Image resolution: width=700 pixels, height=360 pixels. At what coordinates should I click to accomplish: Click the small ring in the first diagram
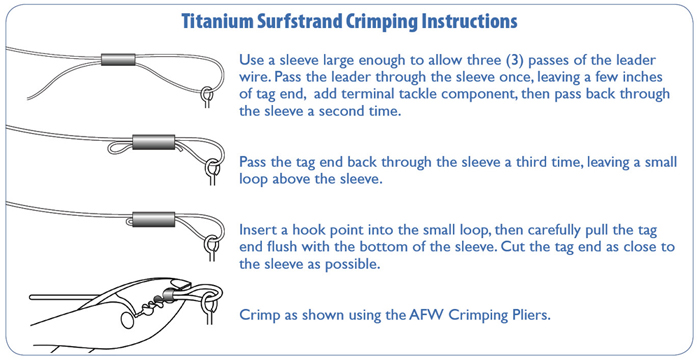coord(205,97)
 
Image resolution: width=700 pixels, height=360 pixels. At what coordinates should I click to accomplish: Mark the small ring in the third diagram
coord(210,243)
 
